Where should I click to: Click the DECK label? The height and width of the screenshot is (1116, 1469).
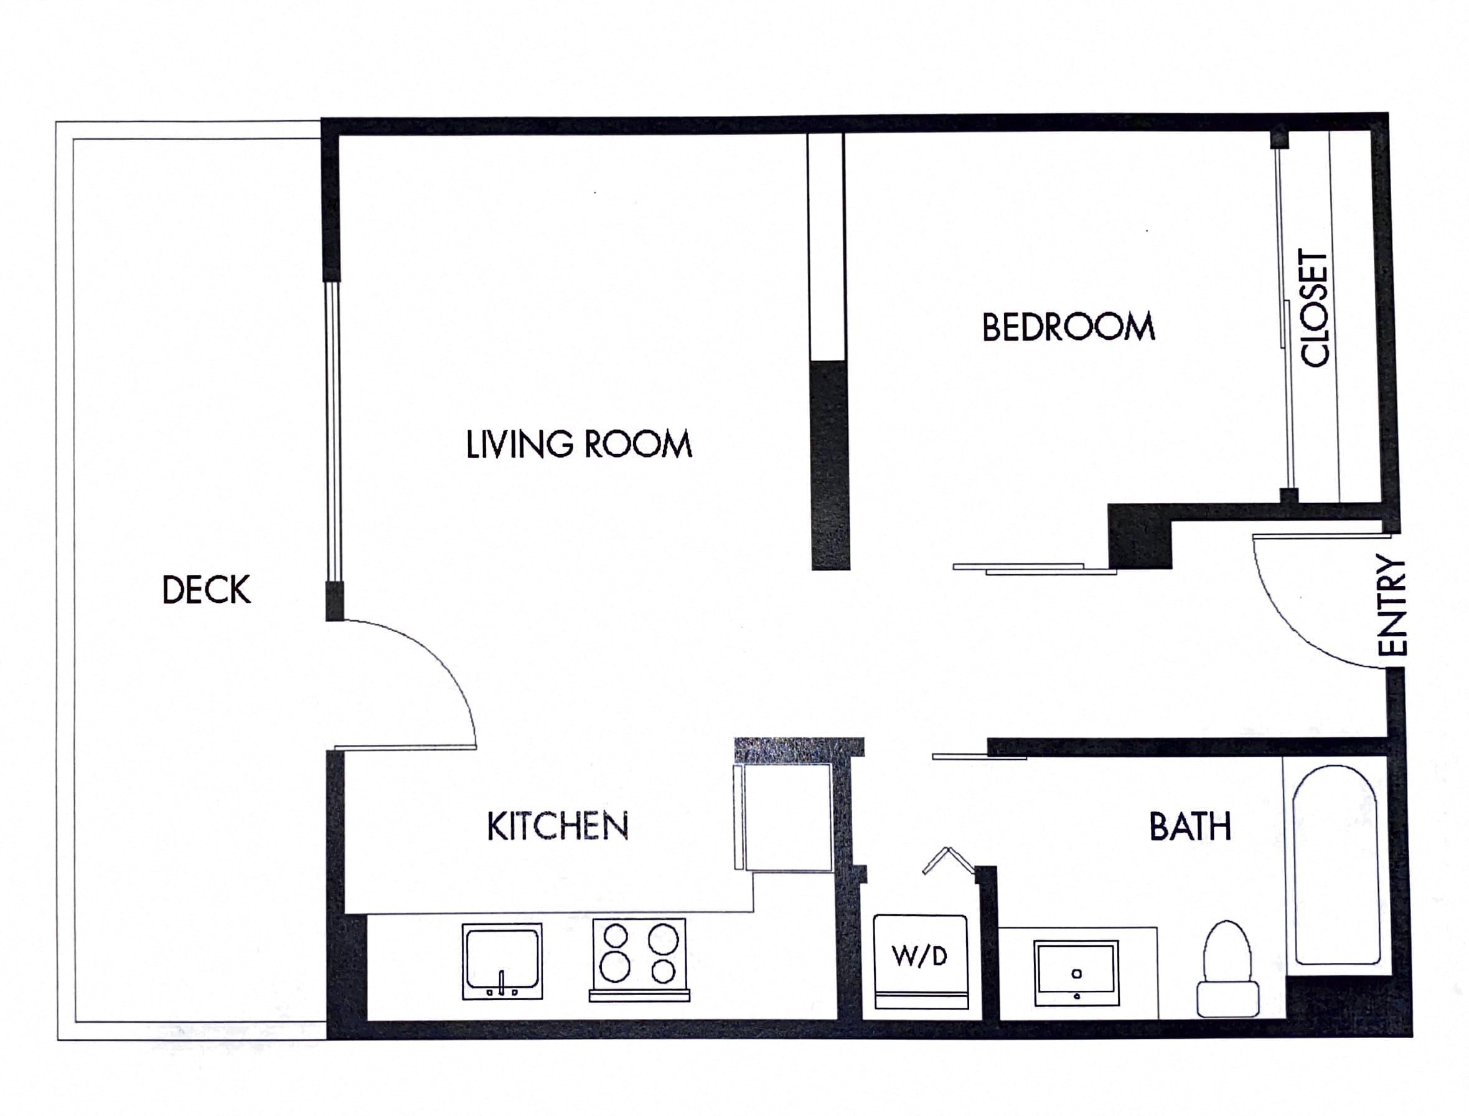pos(207,589)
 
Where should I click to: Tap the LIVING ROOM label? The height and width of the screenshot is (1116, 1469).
pos(578,445)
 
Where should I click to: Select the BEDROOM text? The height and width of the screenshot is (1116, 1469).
pos(1068,328)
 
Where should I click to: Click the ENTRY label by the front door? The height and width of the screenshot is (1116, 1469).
pos(1392,605)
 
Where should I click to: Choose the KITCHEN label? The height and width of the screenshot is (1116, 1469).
pos(557,826)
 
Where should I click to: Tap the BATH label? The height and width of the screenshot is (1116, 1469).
pos(1190,827)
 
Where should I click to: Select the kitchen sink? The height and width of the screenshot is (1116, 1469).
pos(502,960)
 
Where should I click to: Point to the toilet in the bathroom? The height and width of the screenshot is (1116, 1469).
pos(1227,970)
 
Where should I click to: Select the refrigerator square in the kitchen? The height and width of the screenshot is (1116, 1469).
pos(787,817)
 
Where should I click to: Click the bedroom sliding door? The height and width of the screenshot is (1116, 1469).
pos(1033,569)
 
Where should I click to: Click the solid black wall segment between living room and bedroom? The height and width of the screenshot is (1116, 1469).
pos(830,465)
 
